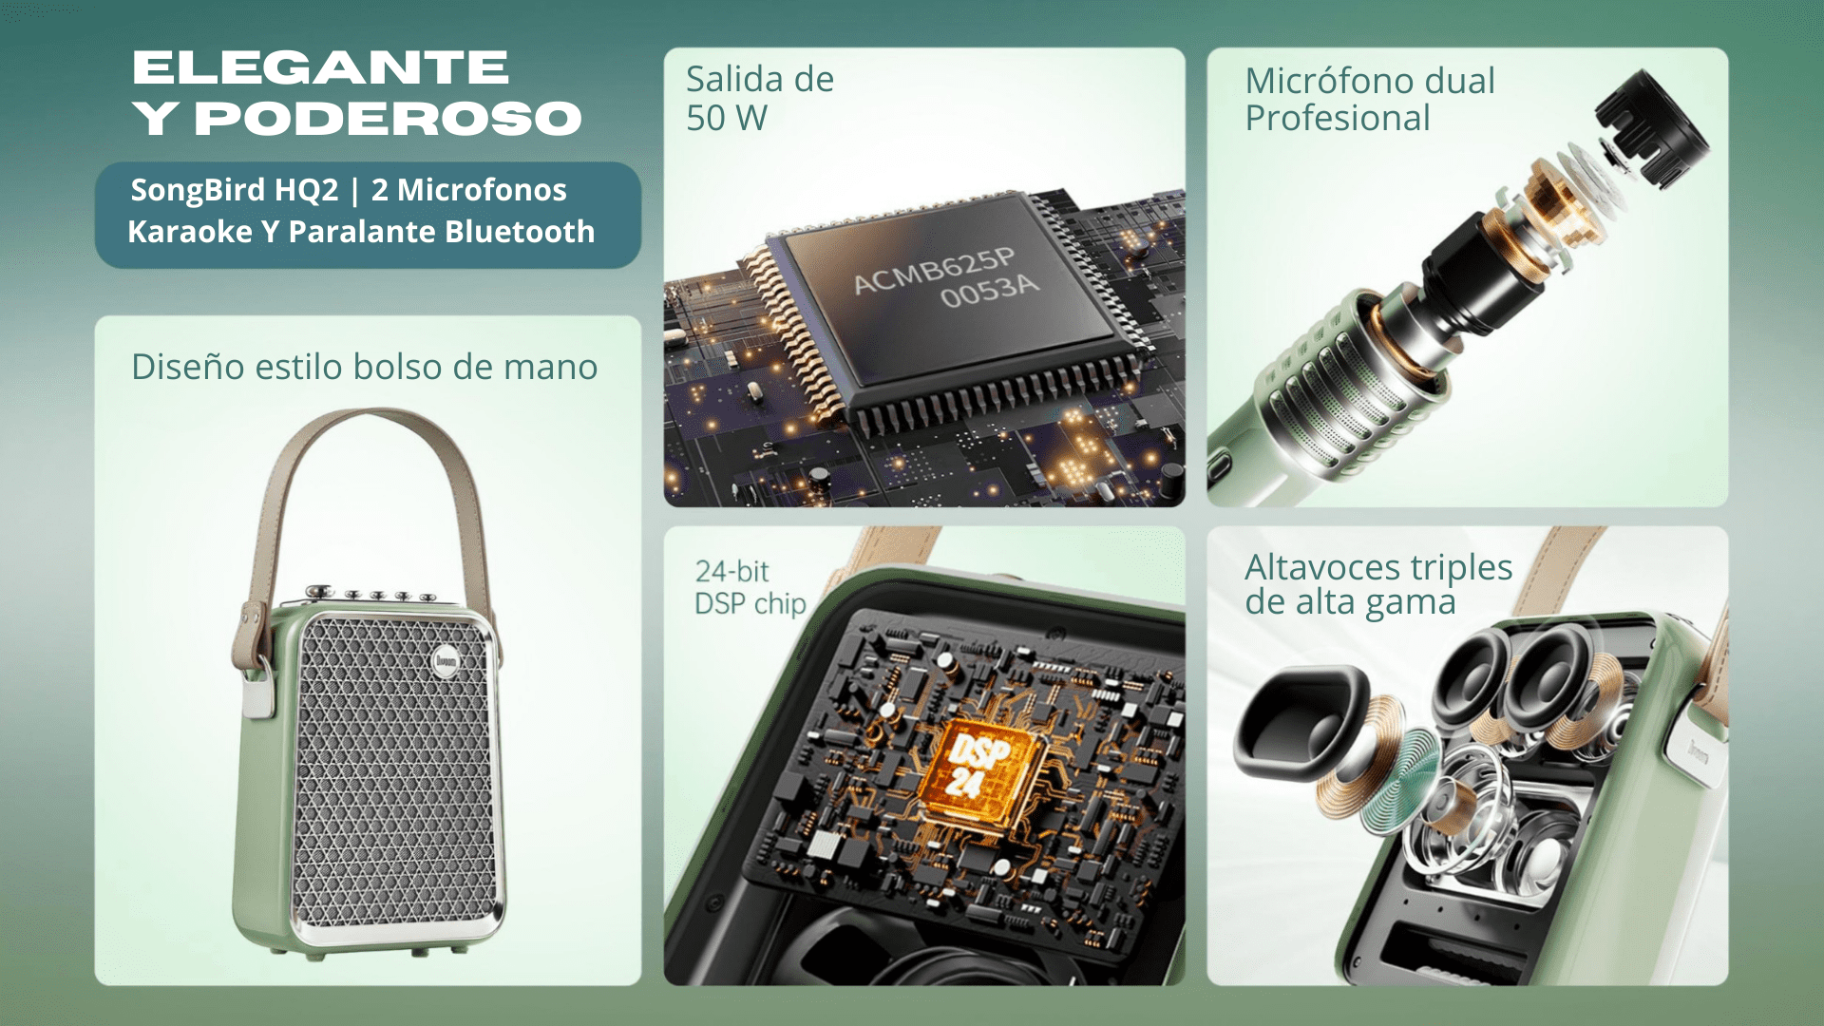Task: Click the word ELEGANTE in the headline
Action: (x=321, y=67)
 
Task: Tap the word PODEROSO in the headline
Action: (x=388, y=119)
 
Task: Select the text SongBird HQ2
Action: (x=235, y=190)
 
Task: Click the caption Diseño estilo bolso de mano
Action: (x=365, y=367)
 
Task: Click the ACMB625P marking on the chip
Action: (x=935, y=271)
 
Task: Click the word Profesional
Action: (x=1338, y=119)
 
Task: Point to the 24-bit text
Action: (x=731, y=571)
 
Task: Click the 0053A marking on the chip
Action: (x=990, y=291)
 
